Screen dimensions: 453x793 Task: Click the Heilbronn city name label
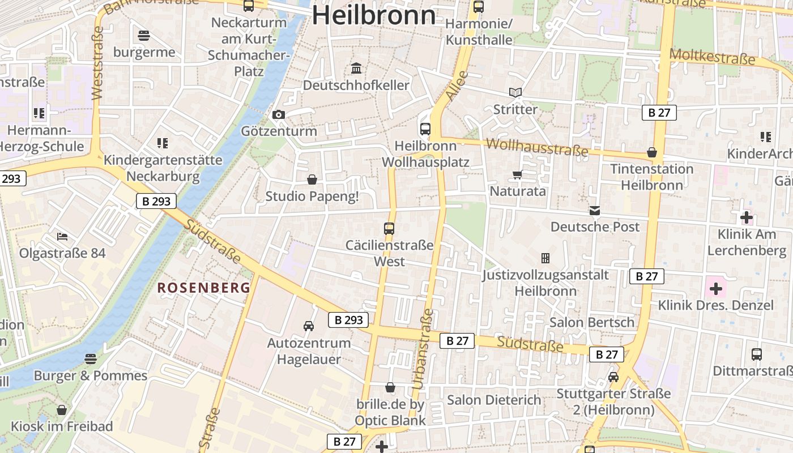click(x=374, y=15)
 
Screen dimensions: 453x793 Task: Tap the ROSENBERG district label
click(x=204, y=288)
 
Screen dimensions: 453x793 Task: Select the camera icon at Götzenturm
click(x=278, y=115)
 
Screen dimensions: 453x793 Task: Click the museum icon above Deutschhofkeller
click(x=356, y=69)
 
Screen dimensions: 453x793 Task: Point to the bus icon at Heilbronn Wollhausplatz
click(x=425, y=129)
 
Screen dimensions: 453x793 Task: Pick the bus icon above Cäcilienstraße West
click(x=389, y=229)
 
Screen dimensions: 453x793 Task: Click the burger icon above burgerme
click(x=144, y=36)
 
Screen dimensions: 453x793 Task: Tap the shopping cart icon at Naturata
click(x=517, y=174)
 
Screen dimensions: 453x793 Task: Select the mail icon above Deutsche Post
click(x=595, y=211)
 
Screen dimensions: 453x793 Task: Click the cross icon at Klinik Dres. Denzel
click(x=716, y=289)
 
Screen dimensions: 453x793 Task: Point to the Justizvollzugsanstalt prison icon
click(x=545, y=258)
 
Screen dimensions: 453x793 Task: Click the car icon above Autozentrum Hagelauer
click(x=309, y=326)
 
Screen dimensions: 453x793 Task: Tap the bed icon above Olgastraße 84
click(x=62, y=236)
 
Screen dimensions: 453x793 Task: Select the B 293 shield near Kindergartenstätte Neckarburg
click(x=156, y=201)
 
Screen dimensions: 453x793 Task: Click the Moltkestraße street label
click(x=712, y=57)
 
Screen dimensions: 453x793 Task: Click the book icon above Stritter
click(x=515, y=92)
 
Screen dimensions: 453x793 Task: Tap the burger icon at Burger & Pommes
click(x=90, y=358)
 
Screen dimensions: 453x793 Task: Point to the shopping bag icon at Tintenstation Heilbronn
click(x=652, y=152)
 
